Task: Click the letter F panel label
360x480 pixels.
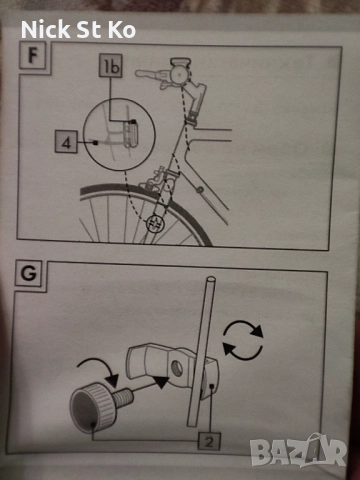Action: pos(33,56)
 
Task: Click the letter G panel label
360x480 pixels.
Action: pos(29,273)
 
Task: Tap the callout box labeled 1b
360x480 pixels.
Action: pos(111,66)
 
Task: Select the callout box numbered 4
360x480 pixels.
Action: pos(66,142)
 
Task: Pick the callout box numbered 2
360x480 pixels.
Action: pos(209,442)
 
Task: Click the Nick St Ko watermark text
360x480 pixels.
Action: pos(78,29)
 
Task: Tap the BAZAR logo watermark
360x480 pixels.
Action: pos(298,450)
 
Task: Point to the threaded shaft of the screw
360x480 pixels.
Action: pos(123,396)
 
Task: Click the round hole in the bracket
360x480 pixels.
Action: pos(177,368)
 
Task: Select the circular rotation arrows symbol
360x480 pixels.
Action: pos(243,340)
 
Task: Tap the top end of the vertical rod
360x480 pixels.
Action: pos(211,279)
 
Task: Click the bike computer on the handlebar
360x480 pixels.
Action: pos(180,70)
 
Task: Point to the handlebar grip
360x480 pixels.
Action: pos(146,74)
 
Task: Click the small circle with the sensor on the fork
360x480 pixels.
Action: pos(155,223)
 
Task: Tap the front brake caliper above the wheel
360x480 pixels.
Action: pos(155,177)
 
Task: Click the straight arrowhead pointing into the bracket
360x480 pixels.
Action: pos(163,382)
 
